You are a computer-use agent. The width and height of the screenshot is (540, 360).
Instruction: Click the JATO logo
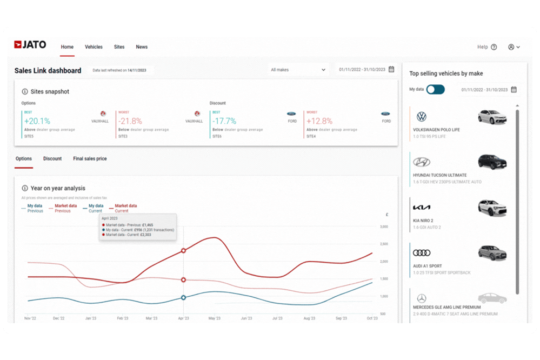click(x=30, y=45)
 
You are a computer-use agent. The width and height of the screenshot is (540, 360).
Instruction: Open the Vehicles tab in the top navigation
click(x=94, y=47)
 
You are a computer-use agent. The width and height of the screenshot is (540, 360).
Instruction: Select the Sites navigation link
click(x=119, y=47)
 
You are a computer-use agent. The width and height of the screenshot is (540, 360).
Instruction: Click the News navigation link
click(x=142, y=47)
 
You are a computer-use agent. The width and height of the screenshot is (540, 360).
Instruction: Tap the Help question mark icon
click(x=494, y=47)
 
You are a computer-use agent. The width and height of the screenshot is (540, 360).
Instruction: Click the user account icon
click(x=511, y=47)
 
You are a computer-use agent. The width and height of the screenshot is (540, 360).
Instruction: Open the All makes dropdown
click(x=298, y=70)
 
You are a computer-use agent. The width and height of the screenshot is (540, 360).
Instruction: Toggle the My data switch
click(x=435, y=89)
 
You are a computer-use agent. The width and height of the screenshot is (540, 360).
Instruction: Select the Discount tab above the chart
click(x=52, y=159)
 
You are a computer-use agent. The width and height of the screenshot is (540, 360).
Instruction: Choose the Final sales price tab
click(x=90, y=159)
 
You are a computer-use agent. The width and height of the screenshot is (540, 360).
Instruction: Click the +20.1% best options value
click(x=37, y=121)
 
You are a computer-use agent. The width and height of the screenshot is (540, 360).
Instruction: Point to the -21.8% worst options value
click(x=130, y=121)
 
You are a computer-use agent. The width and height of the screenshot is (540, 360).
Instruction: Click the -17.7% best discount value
click(x=224, y=121)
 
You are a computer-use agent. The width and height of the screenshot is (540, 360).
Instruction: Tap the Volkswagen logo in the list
click(x=422, y=117)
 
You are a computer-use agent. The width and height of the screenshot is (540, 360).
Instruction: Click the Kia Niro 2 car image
click(x=492, y=208)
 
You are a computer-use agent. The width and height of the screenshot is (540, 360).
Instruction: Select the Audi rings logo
click(x=422, y=253)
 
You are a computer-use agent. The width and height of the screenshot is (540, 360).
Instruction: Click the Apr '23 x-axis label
click(x=183, y=319)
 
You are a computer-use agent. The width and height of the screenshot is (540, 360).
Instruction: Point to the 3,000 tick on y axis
click(x=384, y=226)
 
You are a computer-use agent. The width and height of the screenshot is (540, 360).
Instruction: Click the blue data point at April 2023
click(x=183, y=297)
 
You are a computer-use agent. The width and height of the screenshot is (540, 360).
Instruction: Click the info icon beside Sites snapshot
click(x=25, y=92)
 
